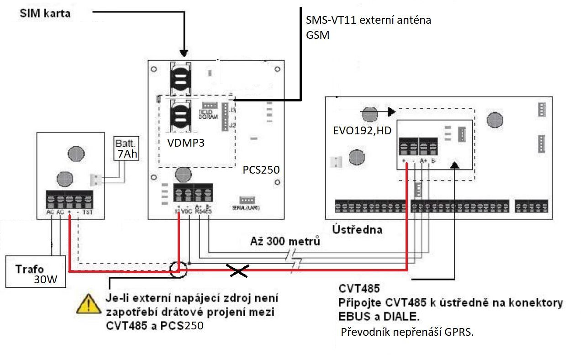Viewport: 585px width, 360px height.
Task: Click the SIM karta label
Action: coord(45,13)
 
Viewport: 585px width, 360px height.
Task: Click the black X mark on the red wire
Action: coord(238,271)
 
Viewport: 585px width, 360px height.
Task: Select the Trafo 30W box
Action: coord(35,272)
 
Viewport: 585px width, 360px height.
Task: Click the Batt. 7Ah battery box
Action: coord(126,148)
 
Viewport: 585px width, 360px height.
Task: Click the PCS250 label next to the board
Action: coord(261,170)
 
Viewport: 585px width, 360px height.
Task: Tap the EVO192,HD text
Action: coord(362,131)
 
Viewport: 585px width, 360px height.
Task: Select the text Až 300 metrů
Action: coord(285,241)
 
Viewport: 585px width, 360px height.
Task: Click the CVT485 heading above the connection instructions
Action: coord(359,289)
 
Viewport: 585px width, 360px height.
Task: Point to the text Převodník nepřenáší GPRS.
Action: coord(407,332)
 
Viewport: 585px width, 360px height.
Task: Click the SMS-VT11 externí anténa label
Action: coord(369,21)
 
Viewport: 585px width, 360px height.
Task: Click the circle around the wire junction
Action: coord(178,270)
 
